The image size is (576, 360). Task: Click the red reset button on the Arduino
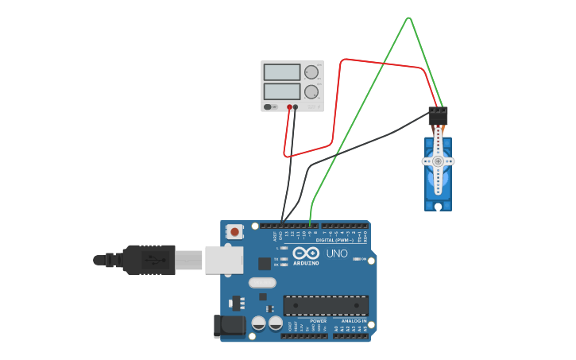pos(234,232)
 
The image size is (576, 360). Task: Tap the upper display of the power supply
pos(281,72)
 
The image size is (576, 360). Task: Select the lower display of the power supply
pos(281,91)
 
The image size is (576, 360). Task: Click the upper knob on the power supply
pos(311,72)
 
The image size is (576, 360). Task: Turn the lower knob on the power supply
pos(311,92)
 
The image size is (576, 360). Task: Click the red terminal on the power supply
pos(289,106)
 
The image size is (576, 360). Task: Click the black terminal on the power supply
pos(296,106)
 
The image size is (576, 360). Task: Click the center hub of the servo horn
pos(437,161)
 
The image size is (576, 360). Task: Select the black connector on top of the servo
pos(438,115)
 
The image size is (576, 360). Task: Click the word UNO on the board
pos(337,254)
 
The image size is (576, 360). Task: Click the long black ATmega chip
pos(326,305)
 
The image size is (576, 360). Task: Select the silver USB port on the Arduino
pos(224,260)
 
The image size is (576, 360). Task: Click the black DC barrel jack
pos(228,326)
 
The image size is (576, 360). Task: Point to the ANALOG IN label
pos(354,321)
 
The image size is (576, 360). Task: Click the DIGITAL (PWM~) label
pos(334,239)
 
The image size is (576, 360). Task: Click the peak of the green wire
pos(408,17)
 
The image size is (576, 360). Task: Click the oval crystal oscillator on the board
pos(262,282)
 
